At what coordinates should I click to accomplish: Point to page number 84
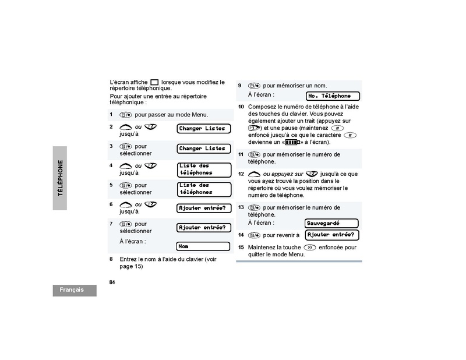[x=112, y=282]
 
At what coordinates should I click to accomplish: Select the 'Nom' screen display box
[x=203, y=246]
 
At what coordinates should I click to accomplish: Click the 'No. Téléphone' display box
[x=333, y=96]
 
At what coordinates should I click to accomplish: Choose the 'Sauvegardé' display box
[x=331, y=223]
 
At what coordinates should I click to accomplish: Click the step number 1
[x=111, y=115]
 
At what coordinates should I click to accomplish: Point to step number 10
[x=241, y=107]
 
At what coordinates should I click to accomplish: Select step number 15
[x=241, y=248]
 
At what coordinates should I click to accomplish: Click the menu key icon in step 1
[x=126, y=115]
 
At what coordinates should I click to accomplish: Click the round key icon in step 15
[x=310, y=248]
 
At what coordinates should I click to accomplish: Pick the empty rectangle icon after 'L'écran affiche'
[x=154, y=83]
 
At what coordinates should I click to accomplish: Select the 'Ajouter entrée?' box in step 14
[x=331, y=235]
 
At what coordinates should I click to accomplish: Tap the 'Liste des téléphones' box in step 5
[x=203, y=189]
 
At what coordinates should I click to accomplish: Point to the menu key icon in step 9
[x=254, y=86]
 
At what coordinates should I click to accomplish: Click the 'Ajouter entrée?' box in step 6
[x=203, y=208]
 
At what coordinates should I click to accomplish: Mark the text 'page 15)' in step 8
[x=131, y=266]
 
